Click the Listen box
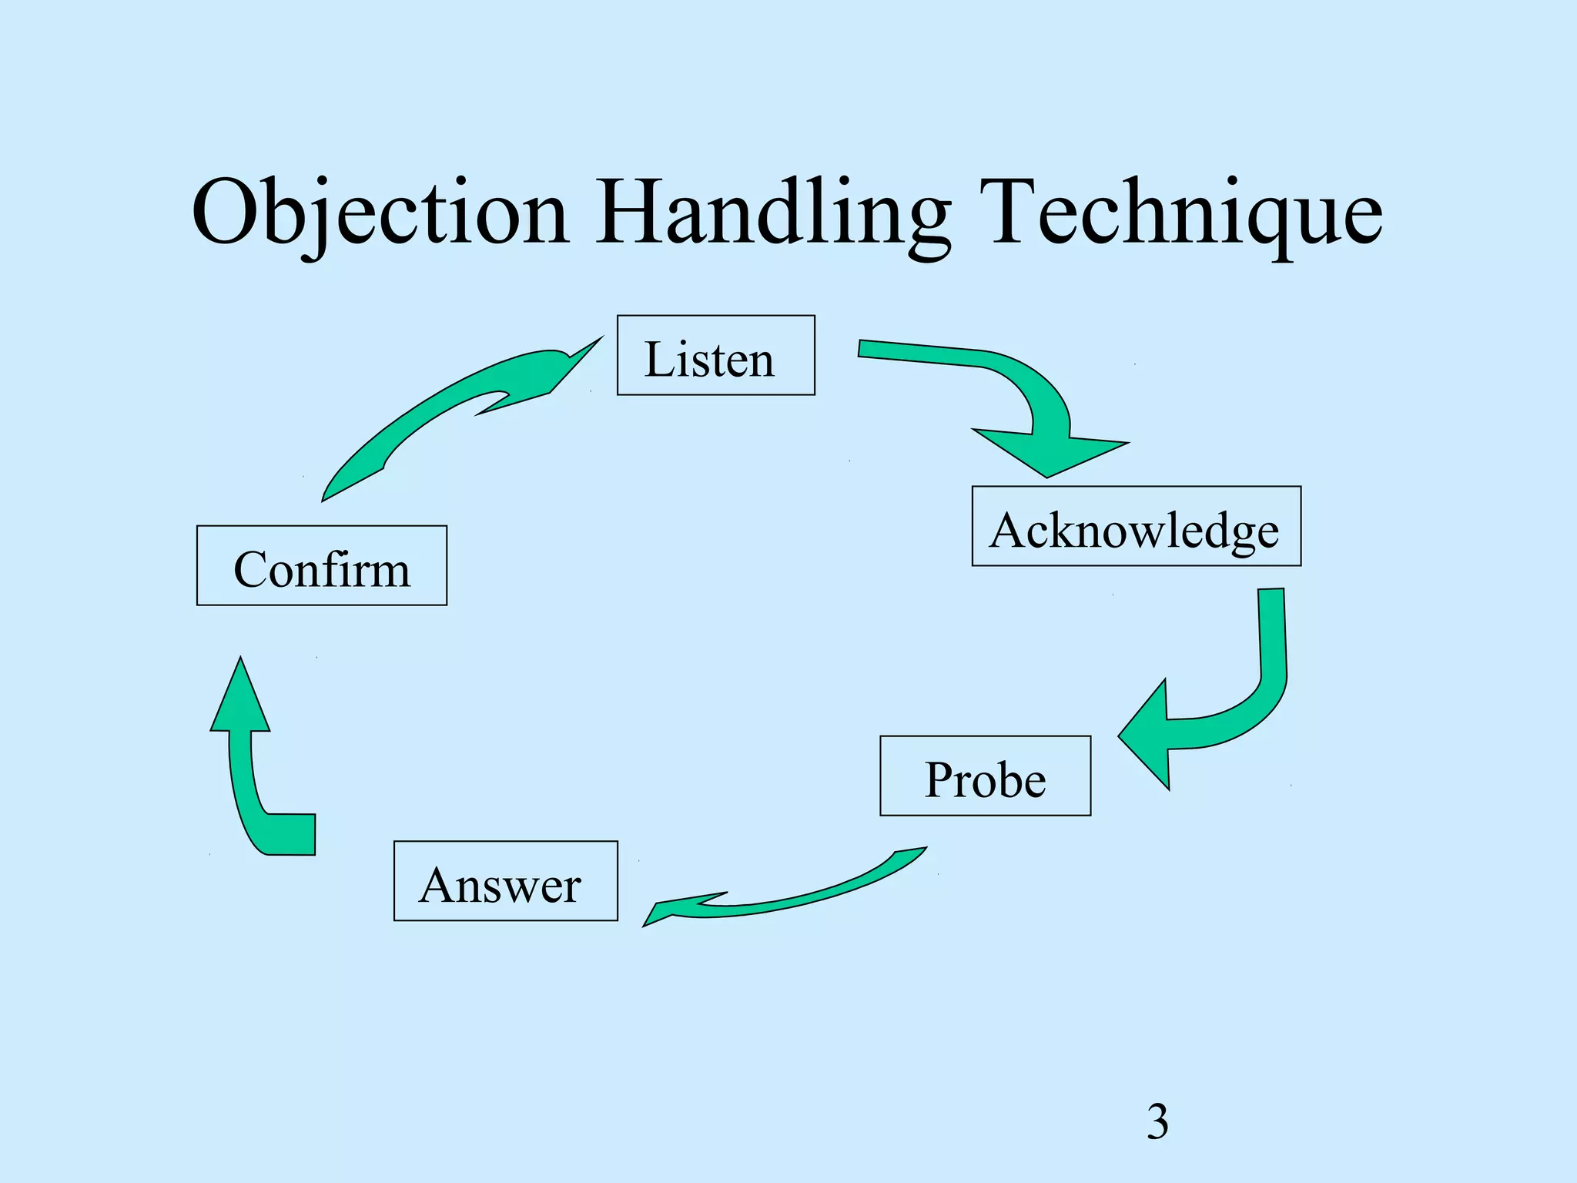(715, 355)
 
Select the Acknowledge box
(1136, 526)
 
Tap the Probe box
(985, 776)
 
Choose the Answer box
(505, 880)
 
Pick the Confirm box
(321, 565)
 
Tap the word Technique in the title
(1186, 212)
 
